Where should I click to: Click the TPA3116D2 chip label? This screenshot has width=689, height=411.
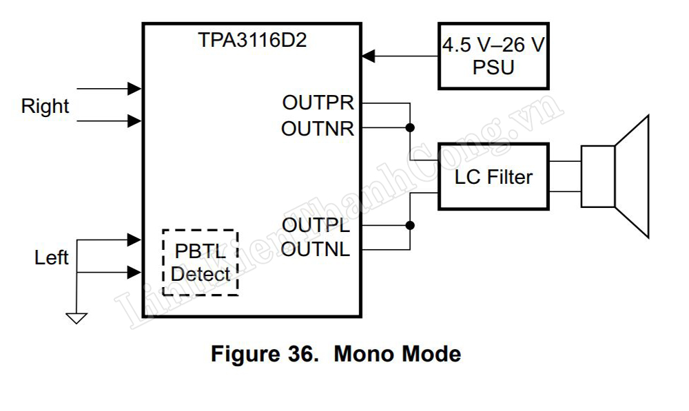(x=253, y=40)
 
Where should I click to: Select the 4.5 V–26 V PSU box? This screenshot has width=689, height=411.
(x=493, y=56)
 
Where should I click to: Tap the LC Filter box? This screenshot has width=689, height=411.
(x=493, y=177)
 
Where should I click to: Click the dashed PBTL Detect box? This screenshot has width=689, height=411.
(x=200, y=262)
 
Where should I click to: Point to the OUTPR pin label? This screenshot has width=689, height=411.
(x=318, y=103)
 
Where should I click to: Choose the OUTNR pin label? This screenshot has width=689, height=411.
(x=318, y=128)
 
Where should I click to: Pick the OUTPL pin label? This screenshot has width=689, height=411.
(x=316, y=225)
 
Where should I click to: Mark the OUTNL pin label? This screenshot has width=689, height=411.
(x=316, y=249)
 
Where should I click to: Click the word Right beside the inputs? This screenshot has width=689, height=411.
(x=45, y=106)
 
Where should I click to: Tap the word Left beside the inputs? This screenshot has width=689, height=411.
(x=52, y=258)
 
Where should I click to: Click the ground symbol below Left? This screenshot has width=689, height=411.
(x=76, y=317)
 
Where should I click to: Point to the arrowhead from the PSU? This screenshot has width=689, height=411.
(x=369, y=56)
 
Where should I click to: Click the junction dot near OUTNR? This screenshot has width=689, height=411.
(x=410, y=128)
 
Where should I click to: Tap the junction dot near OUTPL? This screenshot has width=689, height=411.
(x=410, y=225)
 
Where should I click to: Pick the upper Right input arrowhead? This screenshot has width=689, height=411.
(x=135, y=88)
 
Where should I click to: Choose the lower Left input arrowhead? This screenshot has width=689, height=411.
(x=135, y=273)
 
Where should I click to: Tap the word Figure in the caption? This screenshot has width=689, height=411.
(x=245, y=355)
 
